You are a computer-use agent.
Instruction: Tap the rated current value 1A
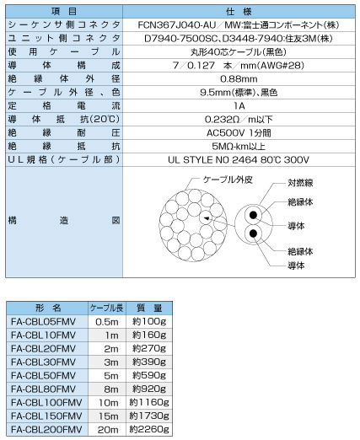[x=239, y=105]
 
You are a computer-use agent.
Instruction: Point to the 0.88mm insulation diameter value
[x=239, y=78]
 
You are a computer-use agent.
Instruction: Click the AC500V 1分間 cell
[x=239, y=132]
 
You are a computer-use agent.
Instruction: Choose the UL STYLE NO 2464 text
[x=239, y=159]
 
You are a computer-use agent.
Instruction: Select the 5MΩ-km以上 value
[x=239, y=146]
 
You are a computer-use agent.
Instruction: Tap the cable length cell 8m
[x=108, y=390]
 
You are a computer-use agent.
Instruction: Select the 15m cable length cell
[x=108, y=417]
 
